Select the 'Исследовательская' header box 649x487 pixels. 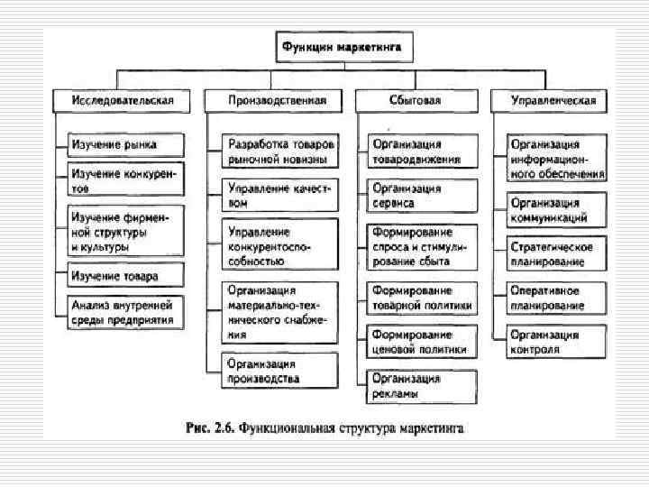pos(123,101)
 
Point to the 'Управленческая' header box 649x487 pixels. pos(553,101)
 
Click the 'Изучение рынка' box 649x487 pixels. pos(127,144)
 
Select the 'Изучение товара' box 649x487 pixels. pos(127,274)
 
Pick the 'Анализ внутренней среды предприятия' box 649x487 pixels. pos(127,312)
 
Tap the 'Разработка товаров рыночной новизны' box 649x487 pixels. pos(281,152)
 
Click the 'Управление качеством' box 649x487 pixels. pos(281,197)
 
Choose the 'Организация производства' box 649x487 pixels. pos(281,371)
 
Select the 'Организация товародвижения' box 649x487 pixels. pos(421,152)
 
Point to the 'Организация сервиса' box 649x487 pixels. pos(421,196)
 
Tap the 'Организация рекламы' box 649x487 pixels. pos(421,385)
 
